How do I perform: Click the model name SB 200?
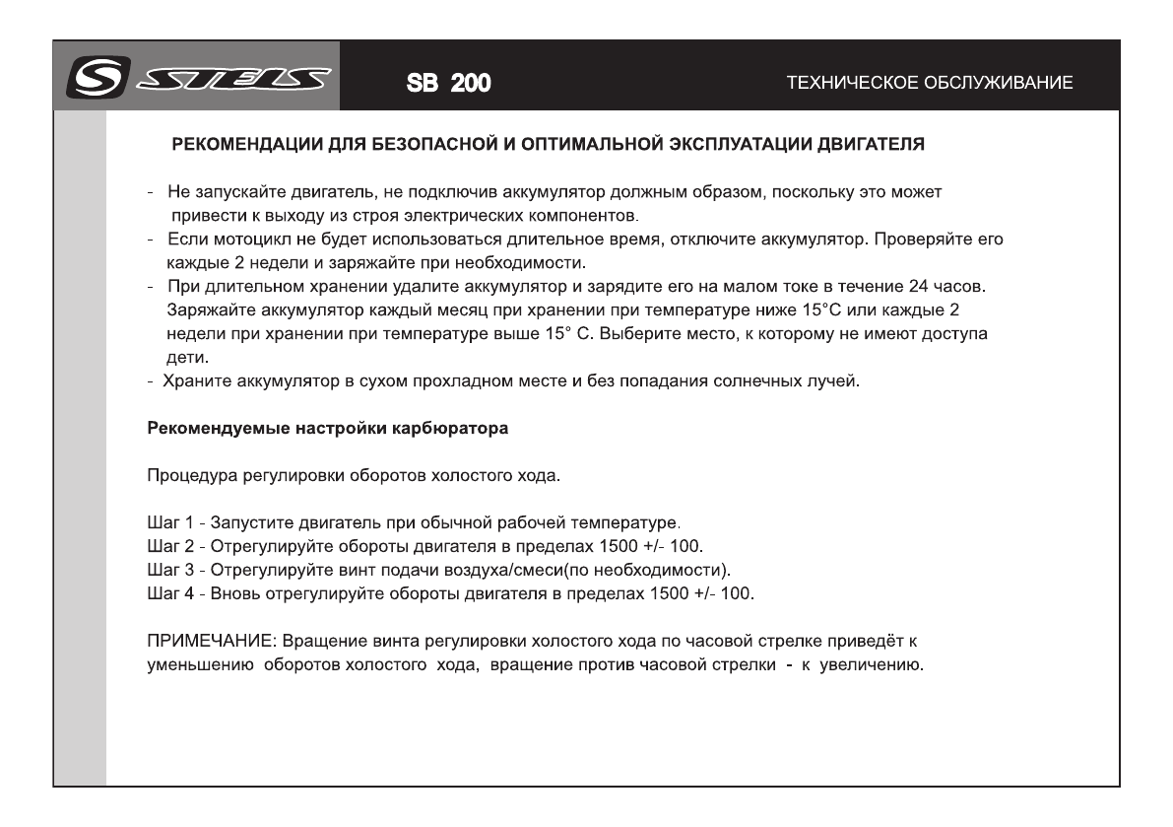click(449, 83)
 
